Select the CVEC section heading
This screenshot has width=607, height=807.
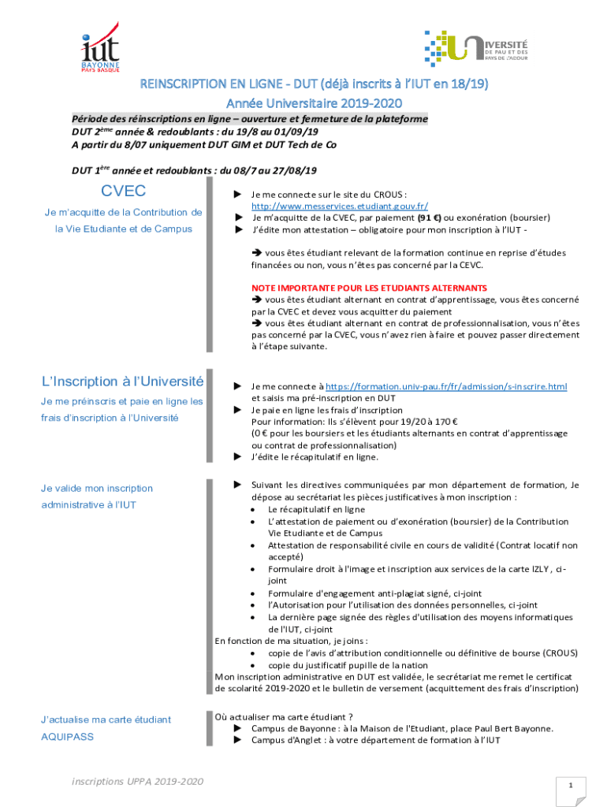coord(123,192)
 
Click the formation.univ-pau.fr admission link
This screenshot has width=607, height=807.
coord(446,386)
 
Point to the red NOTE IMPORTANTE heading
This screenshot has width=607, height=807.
coord(369,288)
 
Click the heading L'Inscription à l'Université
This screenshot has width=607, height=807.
coord(123,381)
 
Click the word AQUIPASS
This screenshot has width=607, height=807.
coord(67,736)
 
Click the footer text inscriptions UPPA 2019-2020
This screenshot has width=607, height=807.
coord(138,781)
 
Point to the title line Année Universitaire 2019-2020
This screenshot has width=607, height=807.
coord(303,102)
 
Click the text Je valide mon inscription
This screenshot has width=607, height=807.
coord(97,489)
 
